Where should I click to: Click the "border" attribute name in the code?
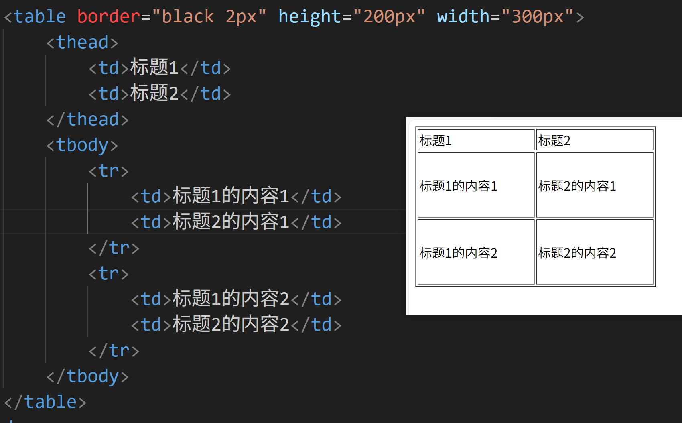pos(108,17)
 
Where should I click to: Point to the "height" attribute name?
pos(310,17)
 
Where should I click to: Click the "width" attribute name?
pos(463,17)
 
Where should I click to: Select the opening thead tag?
pos(82,43)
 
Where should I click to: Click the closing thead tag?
pos(87,120)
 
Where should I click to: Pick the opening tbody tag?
pos(82,145)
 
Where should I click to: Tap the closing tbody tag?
pos(87,376)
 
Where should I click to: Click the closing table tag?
pos(45,402)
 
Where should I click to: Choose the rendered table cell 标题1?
pos(476,140)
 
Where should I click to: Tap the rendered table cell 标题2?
pos(595,140)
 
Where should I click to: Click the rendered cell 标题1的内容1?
pos(476,185)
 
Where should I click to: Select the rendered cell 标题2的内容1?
pos(595,185)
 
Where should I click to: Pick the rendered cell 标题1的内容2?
pos(476,252)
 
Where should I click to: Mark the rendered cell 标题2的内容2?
pos(595,252)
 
